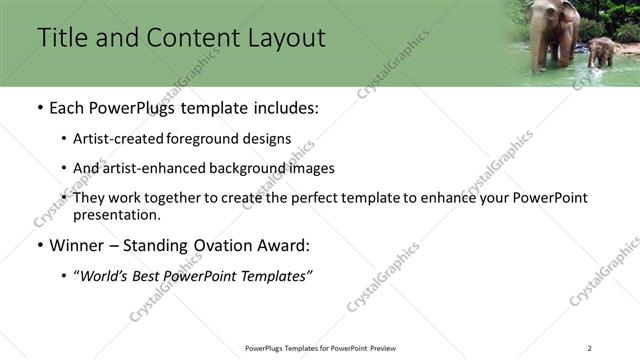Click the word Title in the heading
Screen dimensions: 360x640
tap(62, 38)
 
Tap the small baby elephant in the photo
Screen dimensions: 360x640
tap(601, 50)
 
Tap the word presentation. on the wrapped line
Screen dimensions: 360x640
tap(116, 214)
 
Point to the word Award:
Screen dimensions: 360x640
tap(285, 245)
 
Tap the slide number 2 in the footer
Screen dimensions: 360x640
tap(590, 348)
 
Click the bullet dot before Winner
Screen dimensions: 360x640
tap(39, 246)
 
